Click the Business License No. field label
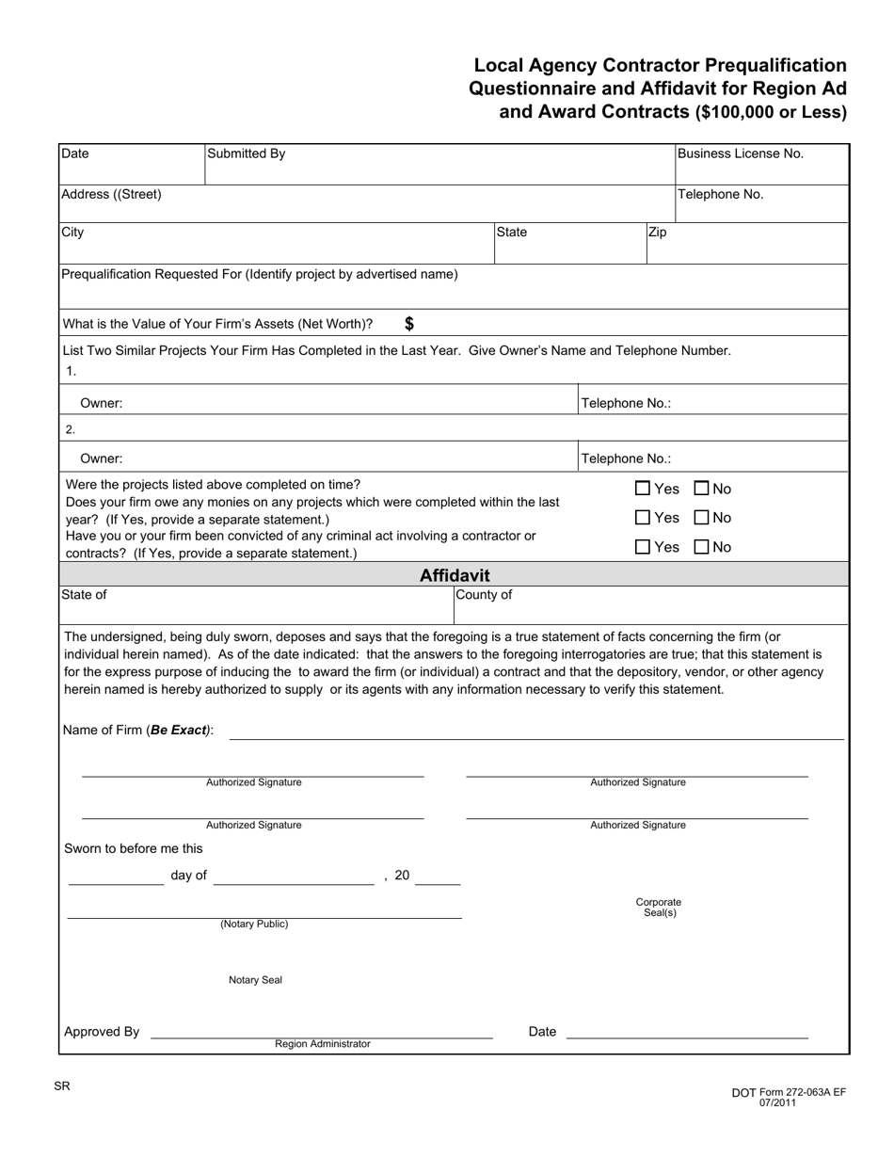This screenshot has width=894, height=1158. coord(741,154)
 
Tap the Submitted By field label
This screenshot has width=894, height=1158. coord(246,154)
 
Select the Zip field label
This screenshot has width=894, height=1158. coord(658,232)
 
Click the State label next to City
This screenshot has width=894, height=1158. coord(512,232)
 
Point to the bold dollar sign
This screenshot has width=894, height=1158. coord(409,324)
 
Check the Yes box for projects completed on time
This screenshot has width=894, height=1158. coord(643,489)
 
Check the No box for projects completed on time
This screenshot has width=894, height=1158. coord(701,489)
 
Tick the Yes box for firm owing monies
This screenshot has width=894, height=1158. coord(643,518)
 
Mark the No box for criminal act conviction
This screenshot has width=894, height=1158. coord(701,547)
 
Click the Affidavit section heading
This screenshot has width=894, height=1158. coord(455,575)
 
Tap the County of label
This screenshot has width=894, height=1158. coord(484,595)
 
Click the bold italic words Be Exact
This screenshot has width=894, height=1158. coord(178,731)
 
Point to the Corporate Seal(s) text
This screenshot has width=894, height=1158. coord(659,908)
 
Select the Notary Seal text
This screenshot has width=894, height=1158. coord(255,980)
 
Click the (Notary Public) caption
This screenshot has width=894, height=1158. coord(254,925)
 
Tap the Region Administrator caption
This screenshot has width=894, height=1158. coord(323,1044)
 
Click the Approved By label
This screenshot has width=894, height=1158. coord(102,1032)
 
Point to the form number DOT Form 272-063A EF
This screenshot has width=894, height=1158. coord(789,1092)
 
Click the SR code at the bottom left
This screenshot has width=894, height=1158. coord(61,1086)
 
